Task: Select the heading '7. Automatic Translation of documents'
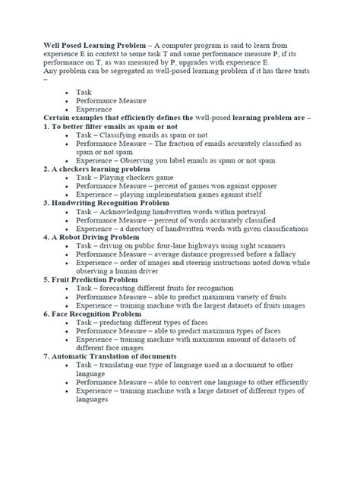point(110,355)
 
